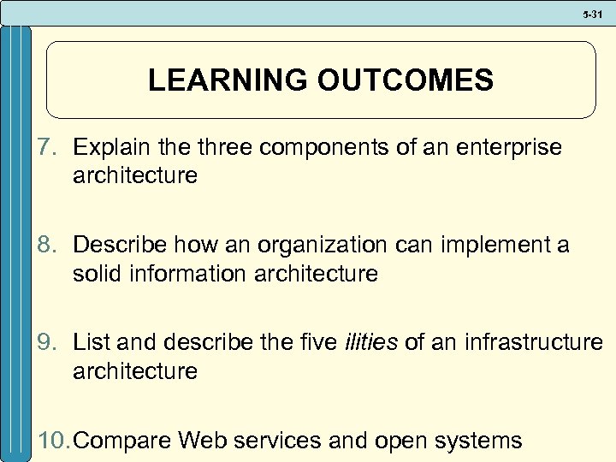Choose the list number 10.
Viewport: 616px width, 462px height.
point(56,440)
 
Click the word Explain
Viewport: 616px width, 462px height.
point(110,147)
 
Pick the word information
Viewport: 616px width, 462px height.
point(183,274)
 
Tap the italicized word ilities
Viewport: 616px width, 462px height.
point(370,342)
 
